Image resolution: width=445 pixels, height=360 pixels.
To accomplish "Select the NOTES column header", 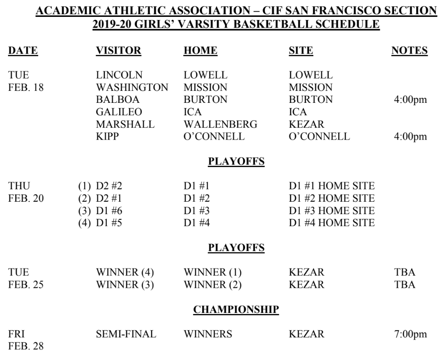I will [x=409, y=51].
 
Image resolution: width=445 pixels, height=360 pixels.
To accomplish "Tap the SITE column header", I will [x=301, y=51].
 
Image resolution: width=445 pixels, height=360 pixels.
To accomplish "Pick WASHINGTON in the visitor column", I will [x=132, y=87].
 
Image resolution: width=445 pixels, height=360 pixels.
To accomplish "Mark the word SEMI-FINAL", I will [x=126, y=333].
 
